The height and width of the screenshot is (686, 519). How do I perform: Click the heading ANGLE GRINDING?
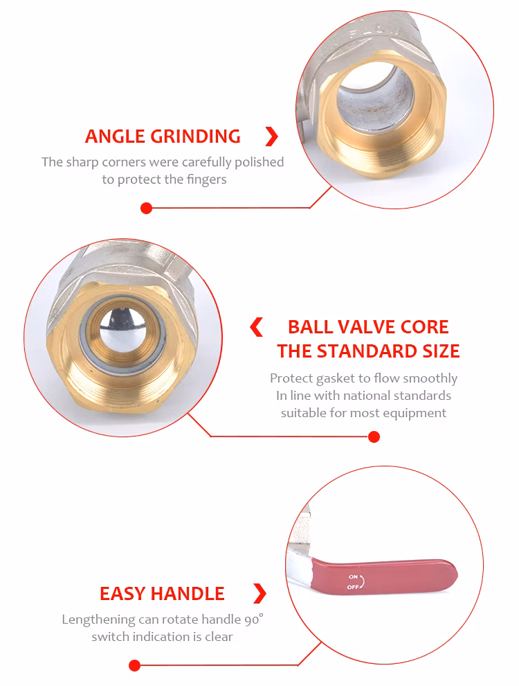[163, 137]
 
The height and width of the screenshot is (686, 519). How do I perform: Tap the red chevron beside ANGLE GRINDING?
[272, 137]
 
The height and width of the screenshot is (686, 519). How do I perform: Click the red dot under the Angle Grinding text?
[146, 209]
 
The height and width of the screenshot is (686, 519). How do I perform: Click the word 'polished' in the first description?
[259, 162]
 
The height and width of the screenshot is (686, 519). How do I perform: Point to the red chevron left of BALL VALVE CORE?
[257, 327]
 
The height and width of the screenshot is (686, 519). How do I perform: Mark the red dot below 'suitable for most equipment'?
[374, 437]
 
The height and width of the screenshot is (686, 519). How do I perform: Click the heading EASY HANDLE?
[162, 594]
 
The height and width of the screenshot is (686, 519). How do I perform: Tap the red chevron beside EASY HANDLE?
[260, 593]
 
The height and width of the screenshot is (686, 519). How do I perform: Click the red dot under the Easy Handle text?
[134, 666]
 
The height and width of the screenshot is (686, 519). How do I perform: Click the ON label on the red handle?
[353, 577]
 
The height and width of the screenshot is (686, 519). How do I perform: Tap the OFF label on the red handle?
[352, 587]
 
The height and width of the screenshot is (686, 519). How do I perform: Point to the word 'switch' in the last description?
[111, 637]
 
